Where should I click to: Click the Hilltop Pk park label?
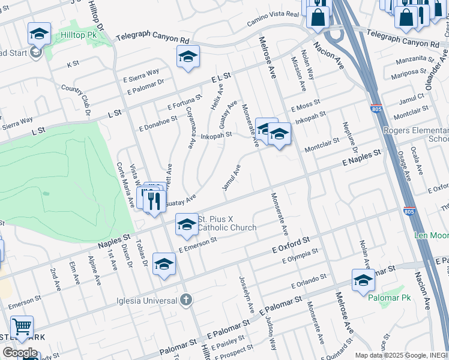tap(78, 35)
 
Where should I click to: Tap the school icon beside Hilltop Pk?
tap(39, 34)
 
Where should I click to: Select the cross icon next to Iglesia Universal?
tap(186, 299)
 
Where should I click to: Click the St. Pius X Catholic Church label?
tap(227, 223)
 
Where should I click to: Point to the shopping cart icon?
tap(22, 327)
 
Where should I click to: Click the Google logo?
tap(19, 353)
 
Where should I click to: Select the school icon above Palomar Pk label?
tap(363, 280)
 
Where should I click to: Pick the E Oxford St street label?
tap(291, 244)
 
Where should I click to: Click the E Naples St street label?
tap(362, 158)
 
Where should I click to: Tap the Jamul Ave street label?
tap(231, 178)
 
